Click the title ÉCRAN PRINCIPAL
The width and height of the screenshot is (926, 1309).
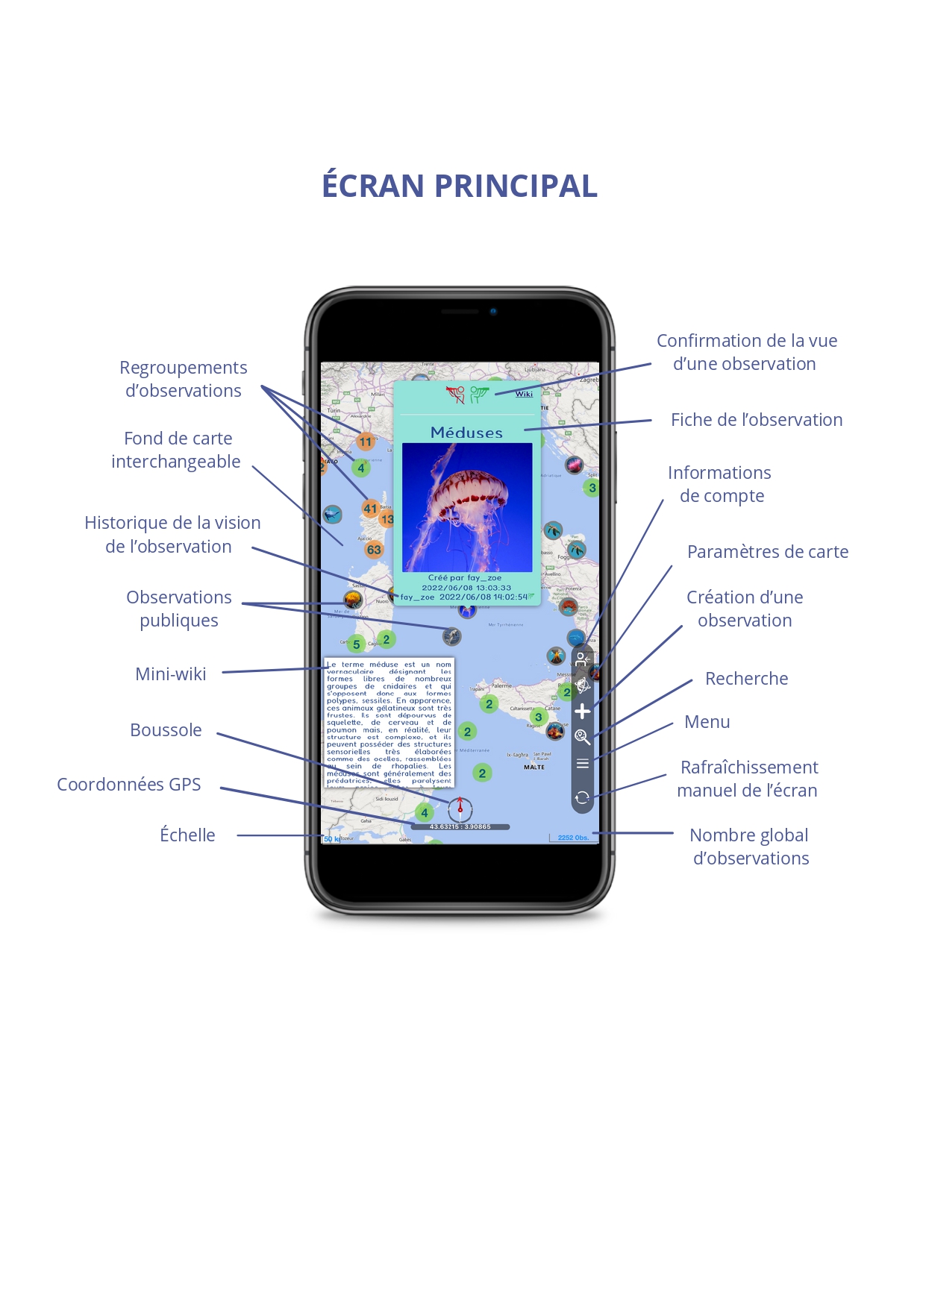tap(460, 186)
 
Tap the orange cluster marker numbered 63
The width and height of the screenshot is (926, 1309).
tap(374, 550)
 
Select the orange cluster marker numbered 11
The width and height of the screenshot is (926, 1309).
tap(365, 442)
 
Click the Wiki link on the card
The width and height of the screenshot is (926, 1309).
tap(524, 394)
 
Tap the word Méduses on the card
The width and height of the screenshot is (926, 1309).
tap(466, 433)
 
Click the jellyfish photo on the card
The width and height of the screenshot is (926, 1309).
tap(467, 507)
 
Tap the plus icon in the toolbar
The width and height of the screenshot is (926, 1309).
tap(583, 712)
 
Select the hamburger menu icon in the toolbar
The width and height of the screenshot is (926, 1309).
tap(583, 763)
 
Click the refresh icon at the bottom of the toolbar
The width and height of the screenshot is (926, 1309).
tap(583, 797)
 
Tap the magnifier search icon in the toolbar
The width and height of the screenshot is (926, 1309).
tap(583, 737)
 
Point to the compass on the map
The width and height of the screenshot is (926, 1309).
tap(460, 809)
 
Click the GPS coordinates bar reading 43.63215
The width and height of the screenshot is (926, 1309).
tap(460, 826)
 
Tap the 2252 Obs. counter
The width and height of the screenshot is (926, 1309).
tap(573, 838)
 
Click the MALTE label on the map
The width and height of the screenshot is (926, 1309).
tap(534, 767)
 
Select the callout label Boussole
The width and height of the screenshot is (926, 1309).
tap(166, 730)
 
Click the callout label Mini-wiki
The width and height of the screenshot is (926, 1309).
tap(170, 674)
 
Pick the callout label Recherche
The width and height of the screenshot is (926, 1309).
tap(746, 679)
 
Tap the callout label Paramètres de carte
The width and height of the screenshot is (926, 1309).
tap(767, 552)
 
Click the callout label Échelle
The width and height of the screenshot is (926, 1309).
tap(187, 835)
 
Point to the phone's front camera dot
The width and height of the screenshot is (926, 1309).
tap(493, 312)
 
